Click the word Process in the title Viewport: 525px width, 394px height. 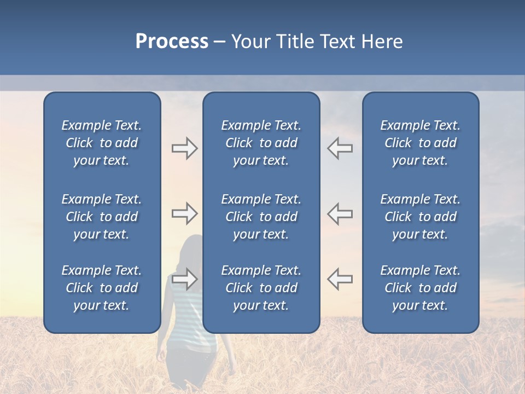(172, 42)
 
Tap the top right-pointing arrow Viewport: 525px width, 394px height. (184, 148)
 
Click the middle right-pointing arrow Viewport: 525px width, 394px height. (184, 213)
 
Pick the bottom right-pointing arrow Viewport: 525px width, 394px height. (184, 279)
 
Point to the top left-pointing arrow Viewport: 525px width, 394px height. (340, 148)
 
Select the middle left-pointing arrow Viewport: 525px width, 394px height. (340, 213)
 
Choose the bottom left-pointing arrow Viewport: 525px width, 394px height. (340, 279)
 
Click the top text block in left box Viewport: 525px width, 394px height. (102, 143)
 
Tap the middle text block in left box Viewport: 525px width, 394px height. (102, 217)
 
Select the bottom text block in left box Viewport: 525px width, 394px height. (102, 288)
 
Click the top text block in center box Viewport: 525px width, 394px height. (261, 143)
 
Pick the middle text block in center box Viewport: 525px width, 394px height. (261, 217)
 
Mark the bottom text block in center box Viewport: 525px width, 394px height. (261, 288)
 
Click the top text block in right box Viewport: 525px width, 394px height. (420, 143)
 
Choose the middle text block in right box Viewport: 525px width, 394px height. (420, 217)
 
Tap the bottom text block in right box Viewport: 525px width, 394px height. (420, 288)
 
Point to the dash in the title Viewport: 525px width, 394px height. (219, 42)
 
